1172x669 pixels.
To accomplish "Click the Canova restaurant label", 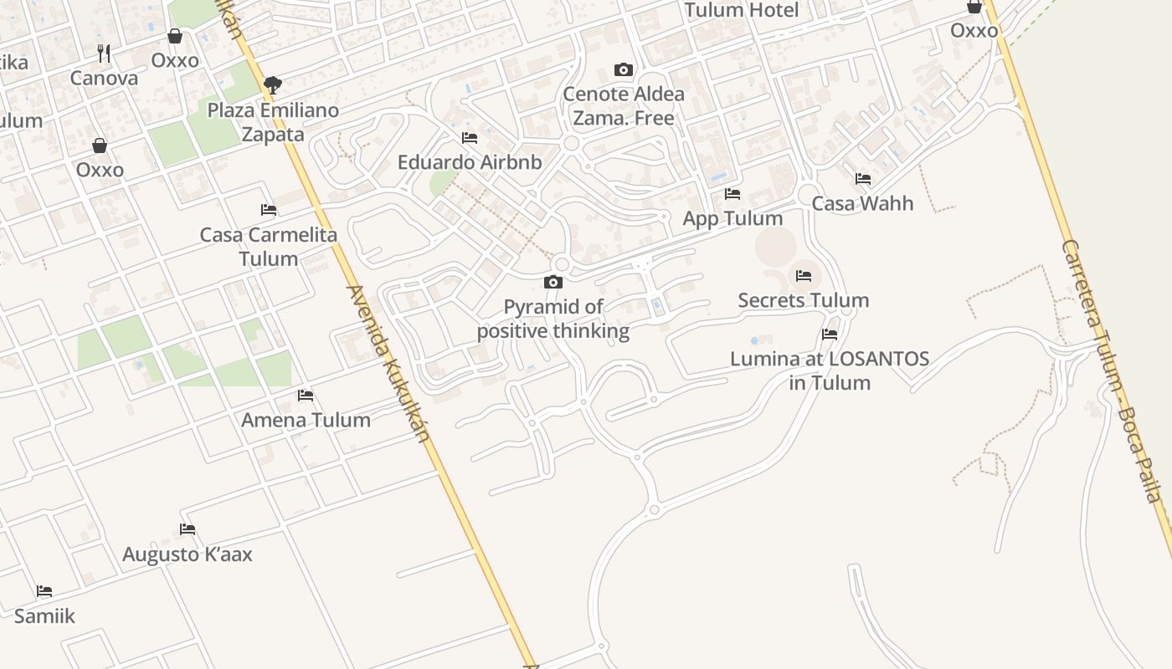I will (x=104, y=79).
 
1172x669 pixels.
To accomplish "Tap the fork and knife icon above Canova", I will (x=104, y=54).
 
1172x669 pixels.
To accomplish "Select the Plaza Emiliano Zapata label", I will (x=273, y=122).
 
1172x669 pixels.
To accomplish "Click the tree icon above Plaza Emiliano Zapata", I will (x=272, y=84).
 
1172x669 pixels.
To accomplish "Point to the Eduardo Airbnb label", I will (x=470, y=162).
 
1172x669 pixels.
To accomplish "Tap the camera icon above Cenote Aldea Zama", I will (x=624, y=69).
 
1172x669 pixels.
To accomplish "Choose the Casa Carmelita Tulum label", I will (x=269, y=247).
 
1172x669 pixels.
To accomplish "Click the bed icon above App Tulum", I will (x=732, y=194).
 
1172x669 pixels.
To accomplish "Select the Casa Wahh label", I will (x=862, y=203).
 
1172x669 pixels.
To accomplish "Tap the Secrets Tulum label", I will (x=803, y=300).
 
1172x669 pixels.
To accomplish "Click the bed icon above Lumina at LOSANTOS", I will (x=830, y=334).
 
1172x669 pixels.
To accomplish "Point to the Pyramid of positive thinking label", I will (x=553, y=319).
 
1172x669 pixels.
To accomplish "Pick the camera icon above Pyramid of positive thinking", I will (x=553, y=283).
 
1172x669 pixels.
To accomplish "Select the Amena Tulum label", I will (x=306, y=420).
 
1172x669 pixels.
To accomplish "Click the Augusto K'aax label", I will (x=188, y=554).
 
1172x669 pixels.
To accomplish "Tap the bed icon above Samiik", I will (x=44, y=591).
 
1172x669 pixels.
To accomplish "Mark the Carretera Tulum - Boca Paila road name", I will (x=1113, y=368).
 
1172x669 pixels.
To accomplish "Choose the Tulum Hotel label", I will (x=742, y=10).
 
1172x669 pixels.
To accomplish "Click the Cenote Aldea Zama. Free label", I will (x=624, y=106).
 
